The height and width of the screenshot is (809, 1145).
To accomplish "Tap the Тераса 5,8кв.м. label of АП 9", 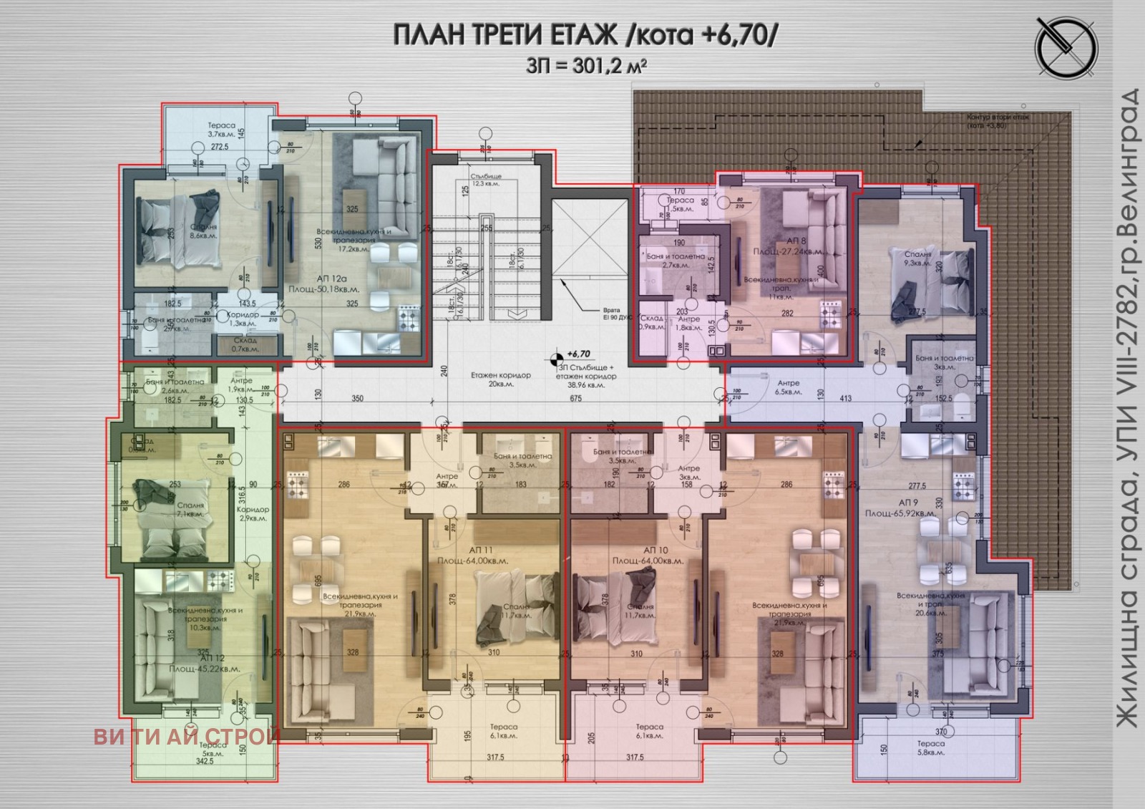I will coord(930,747).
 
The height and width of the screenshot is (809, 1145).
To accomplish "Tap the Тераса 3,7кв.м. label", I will coord(221,130).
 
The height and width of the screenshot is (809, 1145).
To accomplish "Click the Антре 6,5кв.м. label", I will coord(788,387).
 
